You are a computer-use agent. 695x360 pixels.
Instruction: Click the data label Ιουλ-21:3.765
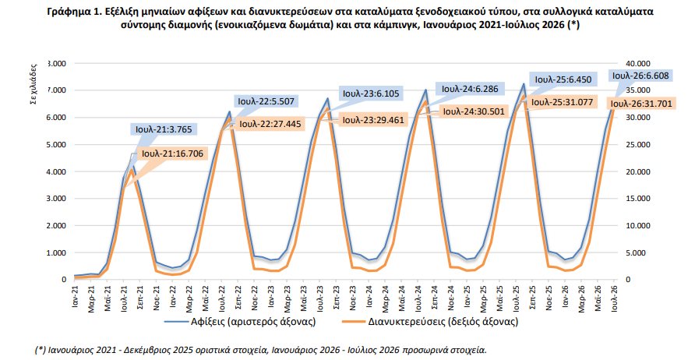tap(164, 129)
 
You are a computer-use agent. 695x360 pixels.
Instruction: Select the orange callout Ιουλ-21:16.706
tap(172, 154)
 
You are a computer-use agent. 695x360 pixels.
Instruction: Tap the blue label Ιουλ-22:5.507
tap(266, 101)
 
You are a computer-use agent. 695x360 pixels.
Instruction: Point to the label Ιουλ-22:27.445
tap(270, 124)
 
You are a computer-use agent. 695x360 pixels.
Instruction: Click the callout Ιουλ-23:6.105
tap(371, 94)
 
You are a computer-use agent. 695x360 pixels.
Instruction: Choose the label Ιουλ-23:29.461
tap(375, 120)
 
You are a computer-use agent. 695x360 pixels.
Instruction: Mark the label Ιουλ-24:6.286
tap(470, 89)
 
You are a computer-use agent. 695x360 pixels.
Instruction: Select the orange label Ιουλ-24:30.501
tap(474, 111)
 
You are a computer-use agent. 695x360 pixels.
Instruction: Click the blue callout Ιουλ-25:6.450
tap(563, 79)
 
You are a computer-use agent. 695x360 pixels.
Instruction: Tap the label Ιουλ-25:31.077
tap(562, 102)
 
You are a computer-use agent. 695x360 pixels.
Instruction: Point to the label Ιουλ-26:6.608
tap(640, 76)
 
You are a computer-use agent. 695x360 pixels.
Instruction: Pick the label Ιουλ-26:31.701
tap(641, 104)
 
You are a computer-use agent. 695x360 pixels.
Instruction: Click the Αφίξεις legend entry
tap(240, 321)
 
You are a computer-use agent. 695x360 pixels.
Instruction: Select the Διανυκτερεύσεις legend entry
tap(430, 321)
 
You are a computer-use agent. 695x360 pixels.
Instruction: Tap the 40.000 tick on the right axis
tap(637, 63)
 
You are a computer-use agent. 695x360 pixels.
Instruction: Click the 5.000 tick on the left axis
tap(56, 144)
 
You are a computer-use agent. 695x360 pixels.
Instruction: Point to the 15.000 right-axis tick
tap(637, 199)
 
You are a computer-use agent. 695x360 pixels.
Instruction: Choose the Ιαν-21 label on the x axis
tap(75, 295)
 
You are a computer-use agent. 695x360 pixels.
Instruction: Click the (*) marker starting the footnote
tap(41, 350)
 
